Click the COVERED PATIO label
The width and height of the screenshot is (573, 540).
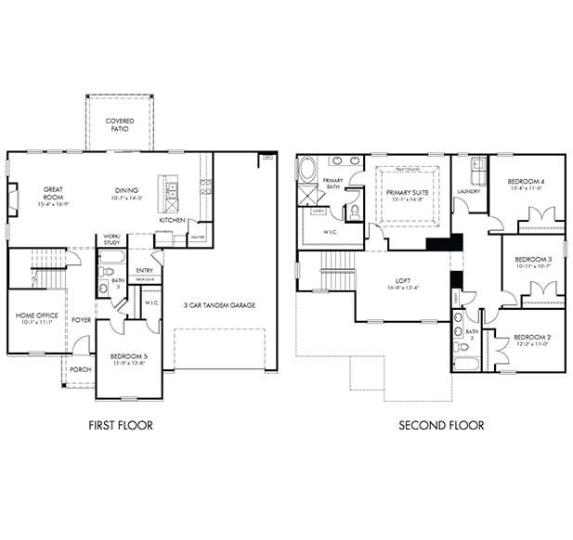[119, 124]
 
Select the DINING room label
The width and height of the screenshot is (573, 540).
[126, 190]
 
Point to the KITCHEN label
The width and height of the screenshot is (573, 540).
[171, 221]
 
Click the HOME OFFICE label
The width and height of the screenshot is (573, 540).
[37, 315]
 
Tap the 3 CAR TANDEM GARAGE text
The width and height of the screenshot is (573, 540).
[219, 305]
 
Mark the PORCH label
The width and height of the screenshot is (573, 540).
[80, 369]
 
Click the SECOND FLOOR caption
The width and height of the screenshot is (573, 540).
[441, 426]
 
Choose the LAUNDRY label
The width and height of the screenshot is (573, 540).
[468, 192]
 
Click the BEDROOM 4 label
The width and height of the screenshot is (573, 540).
[525, 182]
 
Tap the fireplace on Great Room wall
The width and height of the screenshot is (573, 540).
[13, 198]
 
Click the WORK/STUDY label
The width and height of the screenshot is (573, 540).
[111, 239]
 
